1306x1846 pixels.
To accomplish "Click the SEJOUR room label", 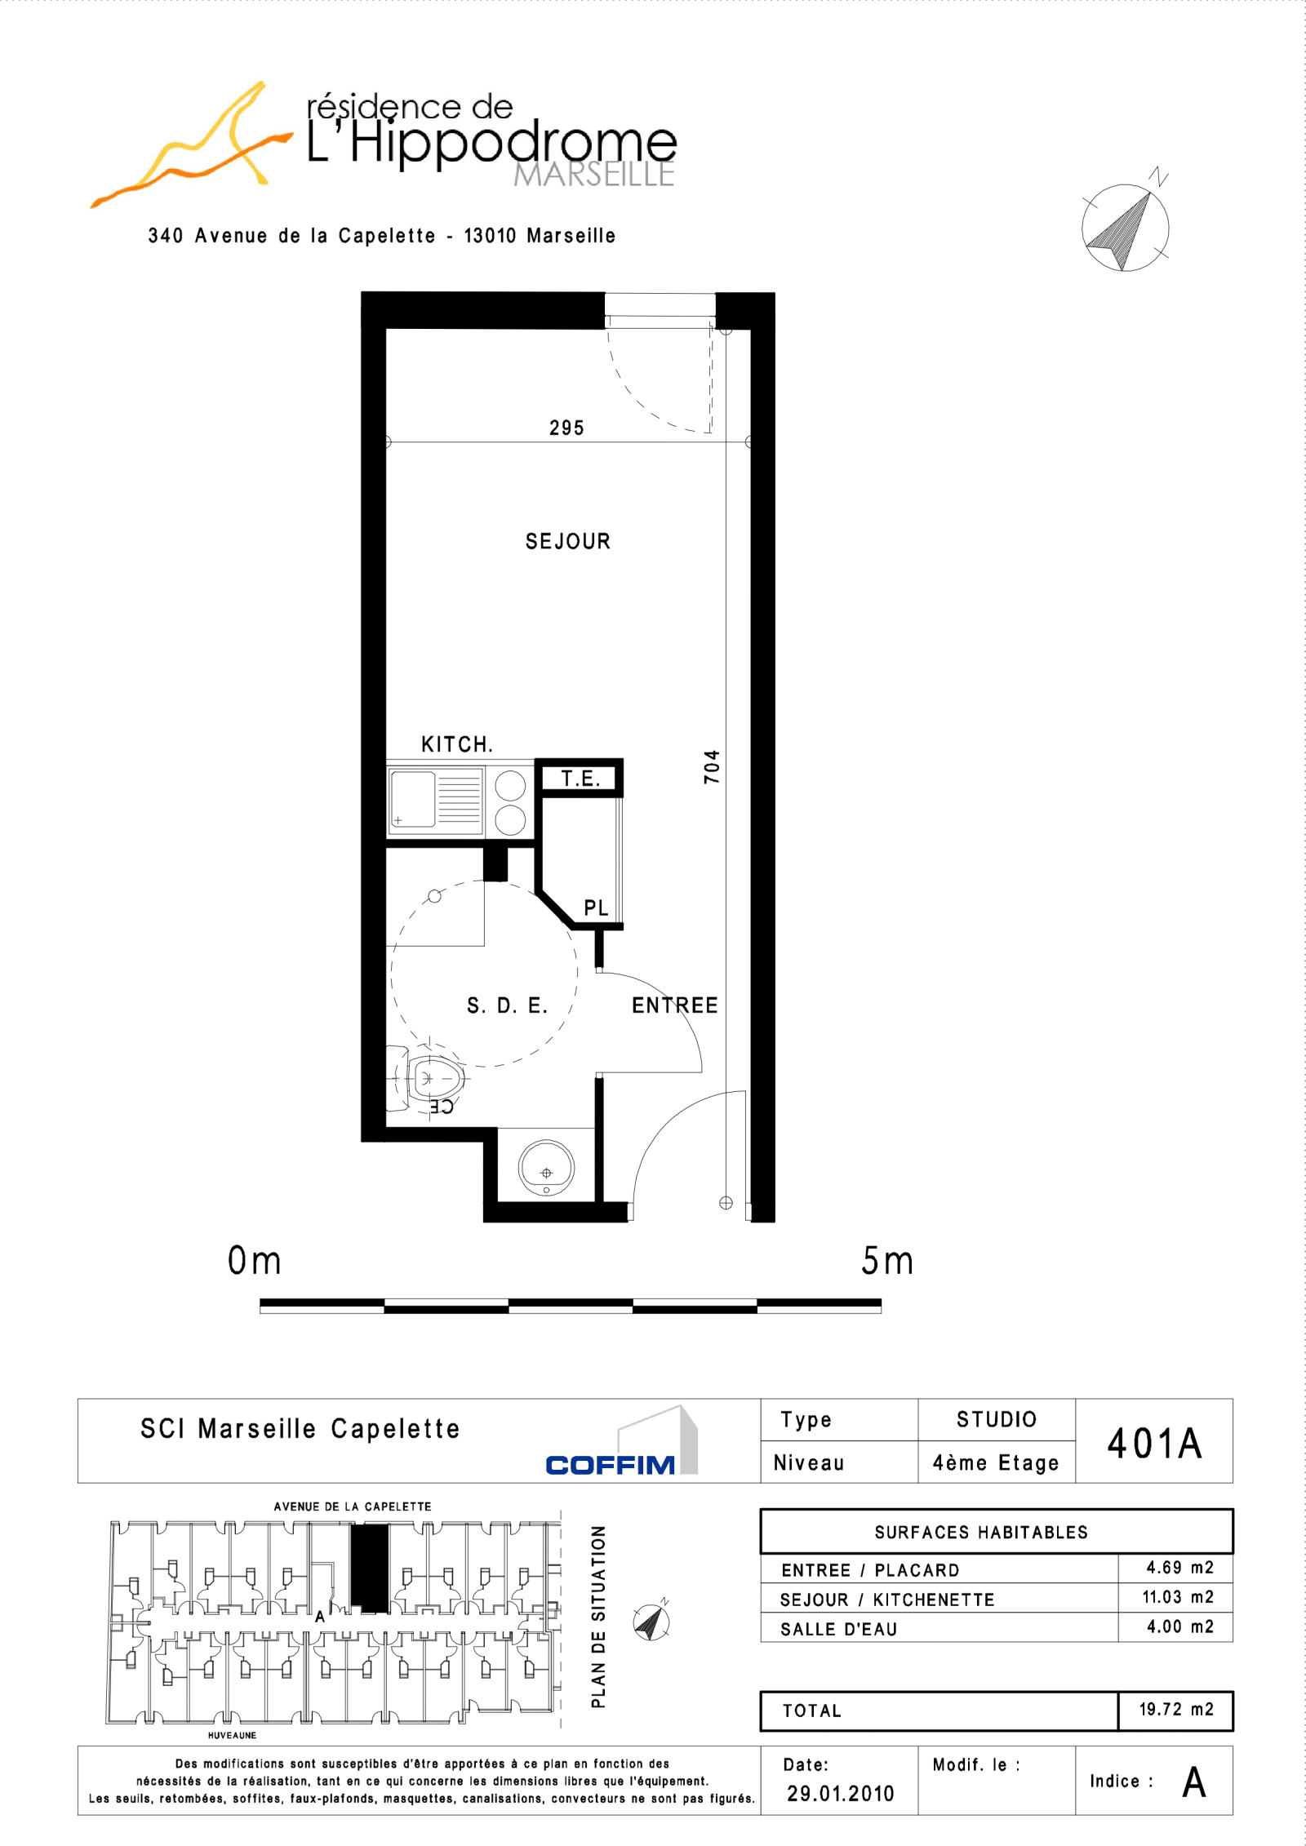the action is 567,541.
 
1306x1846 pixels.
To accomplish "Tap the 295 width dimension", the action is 566,428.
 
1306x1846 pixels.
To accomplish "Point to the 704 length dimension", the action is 712,766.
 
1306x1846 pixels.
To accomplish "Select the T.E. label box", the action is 580,778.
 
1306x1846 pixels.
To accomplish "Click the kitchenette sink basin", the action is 413,799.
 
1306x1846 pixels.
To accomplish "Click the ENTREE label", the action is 674,1005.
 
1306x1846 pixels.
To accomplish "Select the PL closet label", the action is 596,907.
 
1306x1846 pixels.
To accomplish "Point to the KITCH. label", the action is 457,744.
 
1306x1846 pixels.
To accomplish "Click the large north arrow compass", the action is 1126,226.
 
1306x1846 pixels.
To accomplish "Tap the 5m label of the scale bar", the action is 887,1261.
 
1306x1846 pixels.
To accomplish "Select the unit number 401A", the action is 1154,1443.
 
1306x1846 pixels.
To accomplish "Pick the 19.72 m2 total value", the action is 1176,1709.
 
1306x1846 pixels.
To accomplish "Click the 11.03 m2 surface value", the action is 1178,1596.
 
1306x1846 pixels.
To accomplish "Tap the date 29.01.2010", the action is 841,1793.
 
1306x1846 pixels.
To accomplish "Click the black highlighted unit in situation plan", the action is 370,1568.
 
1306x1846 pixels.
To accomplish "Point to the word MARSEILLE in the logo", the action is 594,174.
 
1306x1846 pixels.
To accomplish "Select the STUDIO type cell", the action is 997,1419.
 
